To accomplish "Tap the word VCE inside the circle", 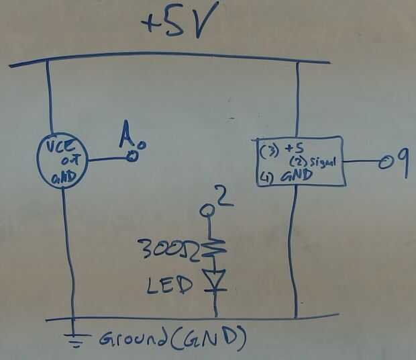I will (62, 147).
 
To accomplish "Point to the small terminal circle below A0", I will (133, 157).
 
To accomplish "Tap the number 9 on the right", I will (401, 163).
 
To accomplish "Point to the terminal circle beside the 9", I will (384, 163).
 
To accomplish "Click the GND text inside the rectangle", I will (295, 177).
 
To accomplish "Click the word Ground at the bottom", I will (134, 339).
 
